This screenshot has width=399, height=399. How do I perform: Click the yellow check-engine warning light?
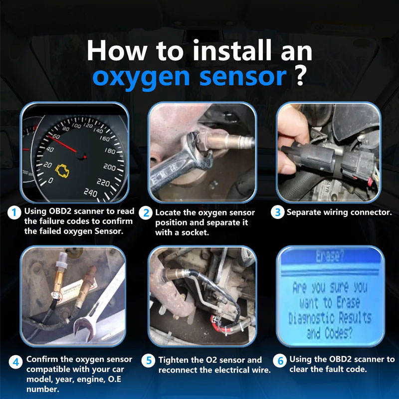pyautogui.click(x=62, y=171)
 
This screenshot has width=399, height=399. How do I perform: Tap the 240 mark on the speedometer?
pyautogui.click(x=90, y=193)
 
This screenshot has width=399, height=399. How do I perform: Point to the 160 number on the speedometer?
pyautogui.click(x=105, y=139)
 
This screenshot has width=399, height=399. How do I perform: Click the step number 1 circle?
pyautogui.click(x=14, y=212)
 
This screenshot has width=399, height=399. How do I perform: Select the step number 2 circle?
pyautogui.click(x=146, y=213)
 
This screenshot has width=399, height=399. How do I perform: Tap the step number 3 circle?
pyautogui.click(x=277, y=212)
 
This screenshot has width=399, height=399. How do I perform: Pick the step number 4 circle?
pyautogui.click(x=16, y=362)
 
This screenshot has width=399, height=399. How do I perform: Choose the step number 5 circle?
pyautogui.click(x=149, y=361)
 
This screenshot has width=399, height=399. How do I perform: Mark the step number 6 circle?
pyautogui.click(x=280, y=361)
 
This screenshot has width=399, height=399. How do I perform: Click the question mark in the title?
pyautogui.click(x=300, y=76)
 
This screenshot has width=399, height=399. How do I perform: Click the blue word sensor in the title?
pyautogui.click(x=243, y=76)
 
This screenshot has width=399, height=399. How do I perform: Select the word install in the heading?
pyautogui.click(x=232, y=50)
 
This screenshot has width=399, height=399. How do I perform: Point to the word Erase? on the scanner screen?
pyautogui.click(x=330, y=256)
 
